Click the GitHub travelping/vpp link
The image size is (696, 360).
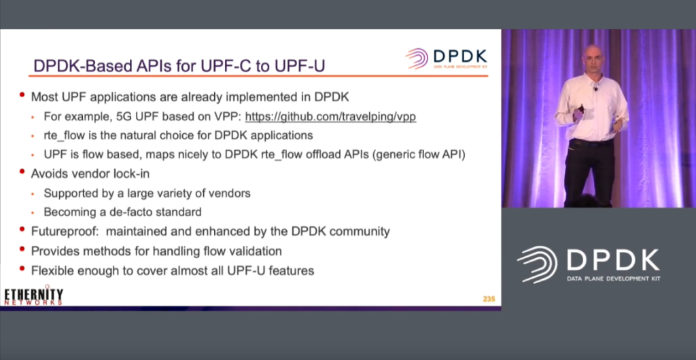pyautogui.click(x=331, y=117)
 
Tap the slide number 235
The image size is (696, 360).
pyautogui.click(x=489, y=300)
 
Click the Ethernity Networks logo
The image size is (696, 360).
pyautogui.click(x=34, y=296)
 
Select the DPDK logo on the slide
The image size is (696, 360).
pyautogui.click(x=446, y=58)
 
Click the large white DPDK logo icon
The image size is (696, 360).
pyautogui.click(x=537, y=265)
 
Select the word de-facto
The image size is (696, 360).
pyautogui.click(x=132, y=212)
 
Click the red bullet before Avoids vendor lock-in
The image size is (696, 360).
pyautogui.click(x=22, y=171)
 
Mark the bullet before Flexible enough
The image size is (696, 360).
pyautogui.click(x=22, y=268)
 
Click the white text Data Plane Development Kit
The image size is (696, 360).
pyautogui.click(x=614, y=278)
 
